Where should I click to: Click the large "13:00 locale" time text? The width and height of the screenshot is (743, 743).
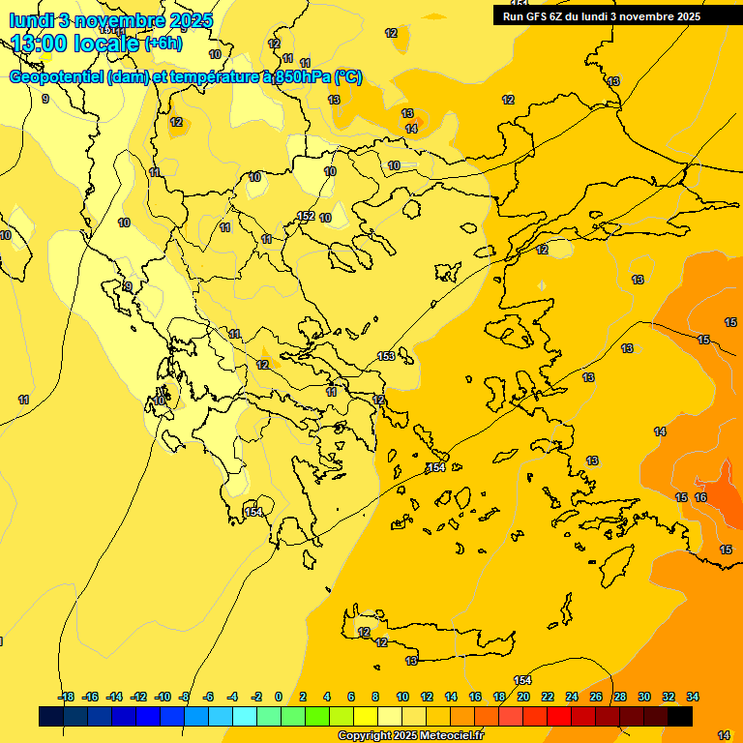[x=75, y=43]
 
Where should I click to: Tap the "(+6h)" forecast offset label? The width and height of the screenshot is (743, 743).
[x=163, y=44]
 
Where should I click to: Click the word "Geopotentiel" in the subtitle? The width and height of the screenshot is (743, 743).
[x=56, y=77]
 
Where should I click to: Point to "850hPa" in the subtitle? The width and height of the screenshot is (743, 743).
[x=304, y=77]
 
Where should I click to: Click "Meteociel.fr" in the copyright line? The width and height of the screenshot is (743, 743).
[x=446, y=736]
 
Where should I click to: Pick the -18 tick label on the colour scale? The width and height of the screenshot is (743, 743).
[x=66, y=697]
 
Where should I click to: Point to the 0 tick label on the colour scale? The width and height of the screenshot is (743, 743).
[x=279, y=697]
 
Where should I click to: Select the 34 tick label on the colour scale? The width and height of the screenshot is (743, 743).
[x=693, y=697]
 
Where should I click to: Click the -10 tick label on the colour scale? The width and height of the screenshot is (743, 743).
[x=163, y=697]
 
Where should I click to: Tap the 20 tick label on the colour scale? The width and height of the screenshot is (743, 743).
[x=523, y=697]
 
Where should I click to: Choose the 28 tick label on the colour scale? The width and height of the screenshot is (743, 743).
[x=620, y=697]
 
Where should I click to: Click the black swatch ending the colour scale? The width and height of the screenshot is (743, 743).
[x=679, y=716]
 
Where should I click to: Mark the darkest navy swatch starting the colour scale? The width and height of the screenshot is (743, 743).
[x=51, y=716]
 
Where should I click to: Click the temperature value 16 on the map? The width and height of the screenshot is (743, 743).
[x=700, y=497]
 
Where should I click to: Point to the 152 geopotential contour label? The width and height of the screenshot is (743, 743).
[x=306, y=216]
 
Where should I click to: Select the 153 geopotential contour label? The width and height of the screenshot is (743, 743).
[x=386, y=356]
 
